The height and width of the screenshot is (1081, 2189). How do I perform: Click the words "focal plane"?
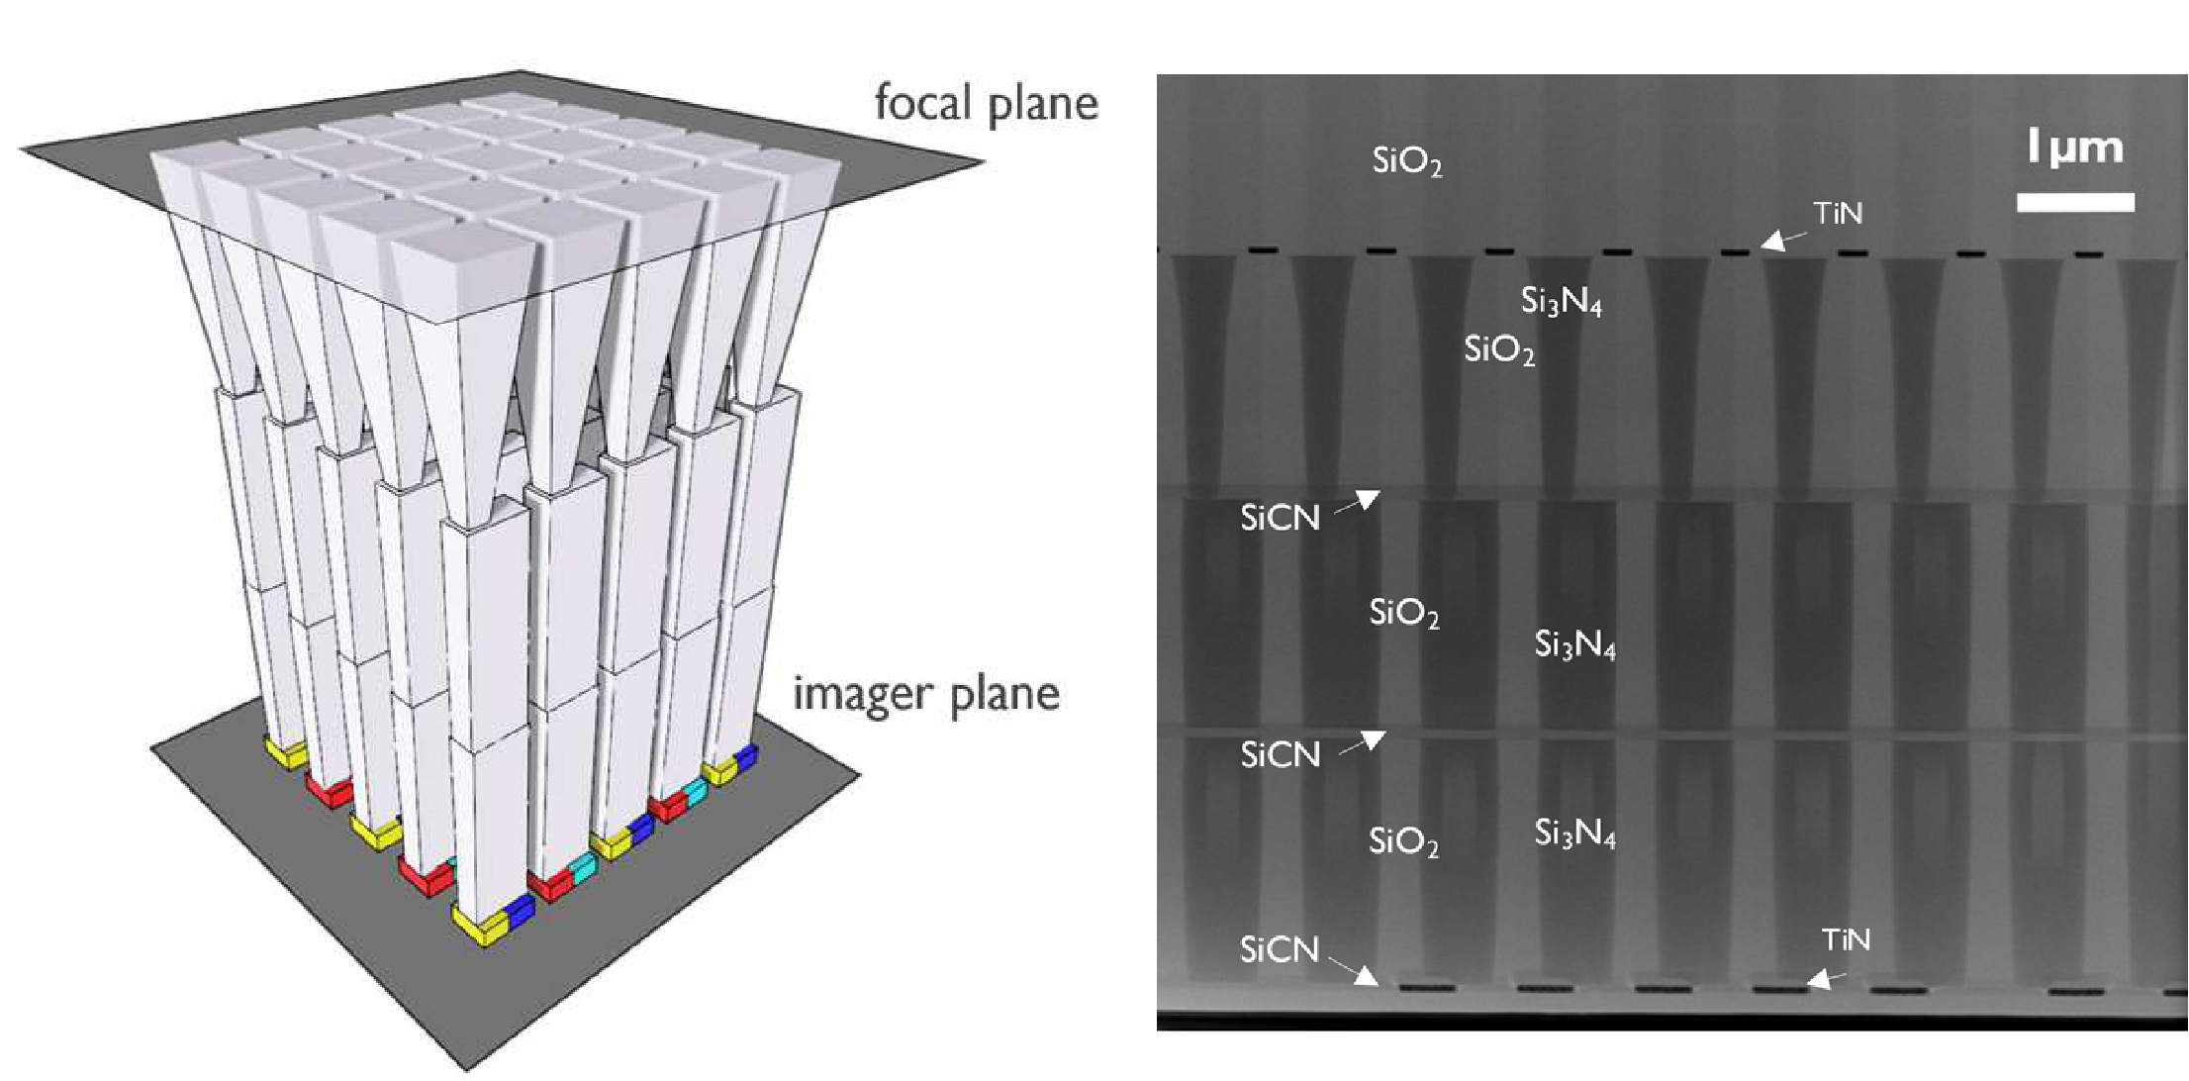[986, 103]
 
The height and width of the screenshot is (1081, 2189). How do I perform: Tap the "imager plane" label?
[925, 693]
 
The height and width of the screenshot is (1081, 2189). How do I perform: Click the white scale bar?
[2075, 202]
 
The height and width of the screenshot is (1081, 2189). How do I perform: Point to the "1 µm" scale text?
[2074, 148]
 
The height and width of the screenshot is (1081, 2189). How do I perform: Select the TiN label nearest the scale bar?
[1838, 213]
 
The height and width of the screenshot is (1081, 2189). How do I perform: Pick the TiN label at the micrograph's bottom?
[1846, 939]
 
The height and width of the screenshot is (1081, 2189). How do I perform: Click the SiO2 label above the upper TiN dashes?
[1406, 160]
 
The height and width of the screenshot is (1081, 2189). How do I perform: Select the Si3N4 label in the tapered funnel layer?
[1561, 300]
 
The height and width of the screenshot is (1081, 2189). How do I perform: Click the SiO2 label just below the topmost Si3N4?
[1499, 349]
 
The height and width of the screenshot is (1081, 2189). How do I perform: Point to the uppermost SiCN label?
[1280, 518]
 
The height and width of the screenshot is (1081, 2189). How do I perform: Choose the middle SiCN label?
[1280, 755]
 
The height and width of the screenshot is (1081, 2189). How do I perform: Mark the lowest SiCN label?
[1280, 950]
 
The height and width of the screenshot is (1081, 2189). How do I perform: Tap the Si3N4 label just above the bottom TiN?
[1574, 834]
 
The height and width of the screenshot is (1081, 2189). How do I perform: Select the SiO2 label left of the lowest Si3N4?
[1403, 841]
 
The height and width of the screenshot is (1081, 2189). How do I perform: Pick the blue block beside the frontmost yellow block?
[520, 912]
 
